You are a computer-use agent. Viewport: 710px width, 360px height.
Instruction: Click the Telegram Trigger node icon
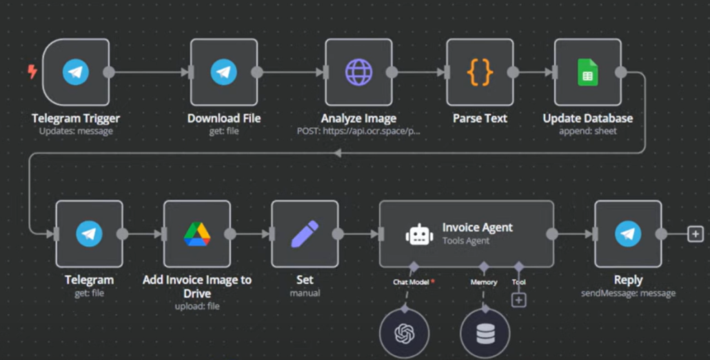[x=76, y=72]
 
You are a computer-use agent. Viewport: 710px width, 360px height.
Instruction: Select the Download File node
[x=224, y=72]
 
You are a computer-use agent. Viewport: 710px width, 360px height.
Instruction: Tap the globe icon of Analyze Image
[x=358, y=72]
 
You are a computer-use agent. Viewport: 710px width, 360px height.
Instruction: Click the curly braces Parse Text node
[x=480, y=72]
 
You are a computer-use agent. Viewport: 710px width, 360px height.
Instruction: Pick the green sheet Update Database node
[x=587, y=72]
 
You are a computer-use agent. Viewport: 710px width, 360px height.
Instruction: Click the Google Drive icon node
[x=197, y=234]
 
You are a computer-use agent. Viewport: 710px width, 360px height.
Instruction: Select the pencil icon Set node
[x=305, y=234]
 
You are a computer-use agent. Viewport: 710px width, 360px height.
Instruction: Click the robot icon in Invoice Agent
[x=419, y=234]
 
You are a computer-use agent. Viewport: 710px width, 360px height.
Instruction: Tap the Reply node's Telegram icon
[x=628, y=234]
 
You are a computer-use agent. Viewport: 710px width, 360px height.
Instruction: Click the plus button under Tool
[x=519, y=300]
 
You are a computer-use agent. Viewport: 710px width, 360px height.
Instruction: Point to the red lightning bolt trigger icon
[x=32, y=71]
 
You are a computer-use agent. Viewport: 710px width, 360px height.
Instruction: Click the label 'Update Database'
[x=587, y=119]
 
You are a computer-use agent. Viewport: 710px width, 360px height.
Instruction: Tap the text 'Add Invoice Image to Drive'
[x=197, y=286]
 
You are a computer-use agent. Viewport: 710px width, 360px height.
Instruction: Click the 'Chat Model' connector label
[x=411, y=283]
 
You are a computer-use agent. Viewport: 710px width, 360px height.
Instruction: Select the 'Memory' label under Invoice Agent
[x=484, y=283]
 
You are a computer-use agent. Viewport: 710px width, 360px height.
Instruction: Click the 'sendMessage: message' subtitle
[x=628, y=293]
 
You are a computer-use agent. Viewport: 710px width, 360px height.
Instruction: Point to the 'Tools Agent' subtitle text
[x=466, y=241]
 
